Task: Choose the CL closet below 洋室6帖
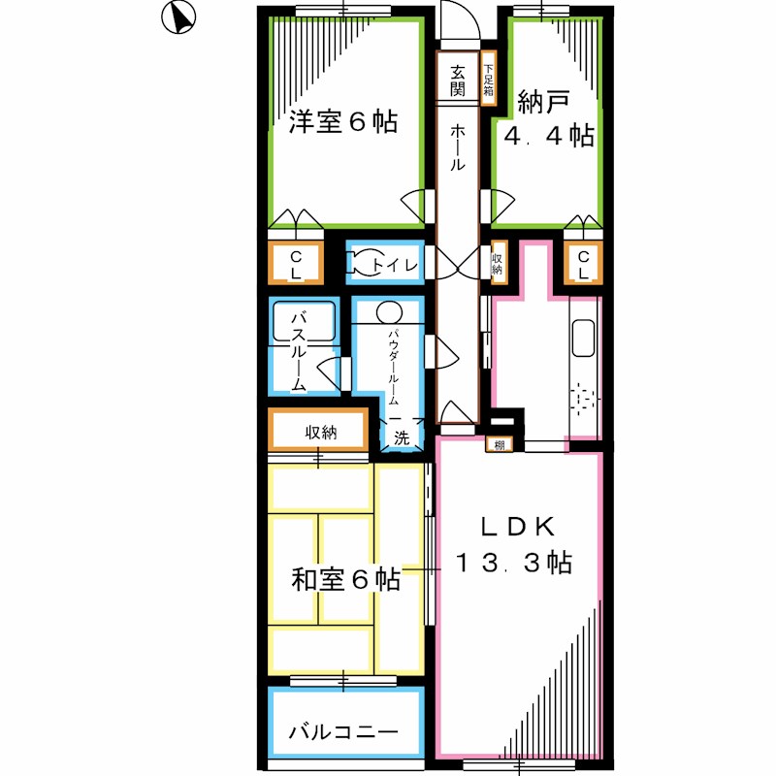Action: pyautogui.click(x=296, y=263)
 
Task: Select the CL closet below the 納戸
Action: pyautogui.click(x=584, y=263)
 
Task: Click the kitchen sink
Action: pyautogui.click(x=584, y=337)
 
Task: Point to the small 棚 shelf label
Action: pyautogui.click(x=499, y=445)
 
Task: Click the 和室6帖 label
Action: pyautogui.click(x=345, y=580)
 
